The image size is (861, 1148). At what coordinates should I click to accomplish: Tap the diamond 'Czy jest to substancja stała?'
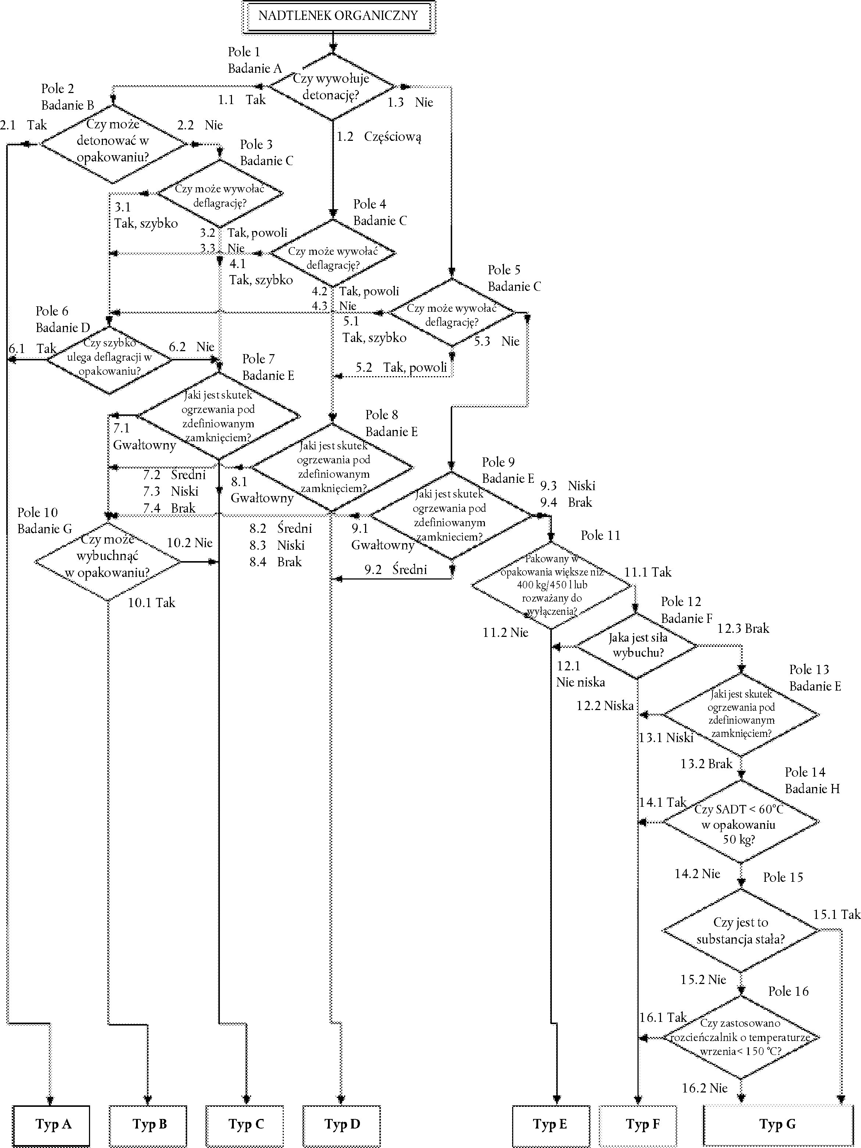click(x=740, y=931)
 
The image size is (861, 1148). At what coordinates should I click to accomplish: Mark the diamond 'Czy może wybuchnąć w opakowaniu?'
click(x=108, y=562)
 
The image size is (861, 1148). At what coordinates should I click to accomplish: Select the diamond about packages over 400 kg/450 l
click(x=551, y=586)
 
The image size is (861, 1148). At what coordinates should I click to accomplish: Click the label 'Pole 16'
click(x=788, y=992)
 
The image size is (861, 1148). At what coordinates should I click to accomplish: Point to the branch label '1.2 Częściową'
click(x=379, y=137)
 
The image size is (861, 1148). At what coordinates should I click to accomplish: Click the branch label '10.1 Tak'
click(x=151, y=603)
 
